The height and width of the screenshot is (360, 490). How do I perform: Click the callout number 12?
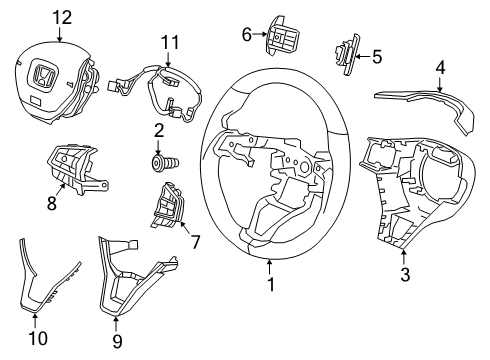62,18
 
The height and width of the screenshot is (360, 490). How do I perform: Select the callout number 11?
170,42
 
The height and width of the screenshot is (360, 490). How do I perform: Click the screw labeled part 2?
164,163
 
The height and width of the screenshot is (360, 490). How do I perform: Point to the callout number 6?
246,35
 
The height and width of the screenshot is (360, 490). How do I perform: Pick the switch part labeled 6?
281,34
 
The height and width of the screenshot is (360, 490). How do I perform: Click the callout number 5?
377,57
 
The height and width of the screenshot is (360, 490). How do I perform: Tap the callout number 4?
440,68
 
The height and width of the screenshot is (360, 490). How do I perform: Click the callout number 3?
405,275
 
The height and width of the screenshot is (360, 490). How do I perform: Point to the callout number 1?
272,284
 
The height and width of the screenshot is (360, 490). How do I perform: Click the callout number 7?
194,242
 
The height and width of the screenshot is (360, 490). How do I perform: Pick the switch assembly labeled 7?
167,205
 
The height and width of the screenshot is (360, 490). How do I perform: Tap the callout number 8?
52,203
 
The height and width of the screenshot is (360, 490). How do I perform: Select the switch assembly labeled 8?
76,168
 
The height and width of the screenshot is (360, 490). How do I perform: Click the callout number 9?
117,341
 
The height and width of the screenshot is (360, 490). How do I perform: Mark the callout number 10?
38,339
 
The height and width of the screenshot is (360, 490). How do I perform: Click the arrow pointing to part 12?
60,34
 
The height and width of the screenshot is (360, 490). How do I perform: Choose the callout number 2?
159,131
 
